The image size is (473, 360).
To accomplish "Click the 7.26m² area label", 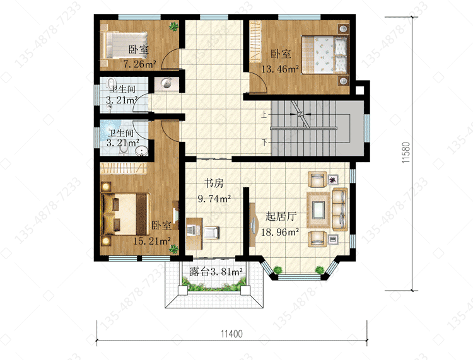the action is pyautogui.click(x=139, y=64).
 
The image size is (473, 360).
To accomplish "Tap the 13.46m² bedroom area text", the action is pyautogui.click(x=280, y=69).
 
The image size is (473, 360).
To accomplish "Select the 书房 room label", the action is pyautogui.click(x=214, y=183).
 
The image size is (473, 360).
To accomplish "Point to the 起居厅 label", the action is pyautogui.click(x=281, y=216).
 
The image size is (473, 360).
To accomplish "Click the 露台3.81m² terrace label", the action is pyautogui.click(x=216, y=272).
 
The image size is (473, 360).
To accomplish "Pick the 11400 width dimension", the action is pyautogui.click(x=231, y=334).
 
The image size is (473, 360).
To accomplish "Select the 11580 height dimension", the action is pyautogui.click(x=406, y=153).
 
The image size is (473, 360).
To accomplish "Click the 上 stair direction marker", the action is pyautogui.click(x=264, y=115).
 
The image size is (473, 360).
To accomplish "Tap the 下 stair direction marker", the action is pyautogui.click(x=265, y=142).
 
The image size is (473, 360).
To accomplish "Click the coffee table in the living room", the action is pyautogui.click(x=318, y=210).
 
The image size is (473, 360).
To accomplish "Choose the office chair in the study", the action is pyautogui.click(x=211, y=233).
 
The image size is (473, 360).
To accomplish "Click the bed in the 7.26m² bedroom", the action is pyautogui.click(x=124, y=45).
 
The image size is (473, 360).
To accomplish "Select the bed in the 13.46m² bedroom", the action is pyautogui.click(x=325, y=55).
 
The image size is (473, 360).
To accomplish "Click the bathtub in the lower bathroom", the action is pyautogui.click(x=110, y=131).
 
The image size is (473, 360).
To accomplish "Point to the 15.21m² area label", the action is pyautogui.click(x=152, y=241).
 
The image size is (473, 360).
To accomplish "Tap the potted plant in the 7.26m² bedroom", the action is pyautogui.click(x=173, y=27).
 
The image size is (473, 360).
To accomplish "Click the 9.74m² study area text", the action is pyautogui.click(x=214, y=199).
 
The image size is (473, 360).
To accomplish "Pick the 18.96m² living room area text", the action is pyautogui.click(x=280, y=232).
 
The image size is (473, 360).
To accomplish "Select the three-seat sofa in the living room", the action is pyautogui.click(x=340, y=209).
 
